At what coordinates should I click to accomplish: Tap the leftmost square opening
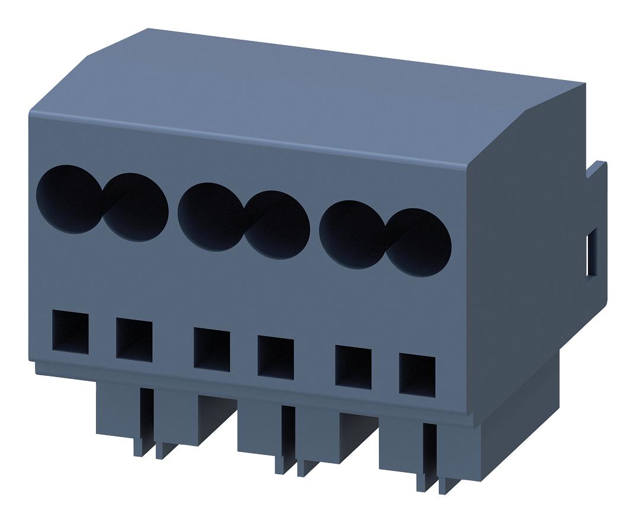70,333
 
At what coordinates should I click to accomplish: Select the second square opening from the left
134,340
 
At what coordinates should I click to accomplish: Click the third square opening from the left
211,349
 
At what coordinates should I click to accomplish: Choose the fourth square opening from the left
275,356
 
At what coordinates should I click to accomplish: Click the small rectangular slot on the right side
591,255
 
